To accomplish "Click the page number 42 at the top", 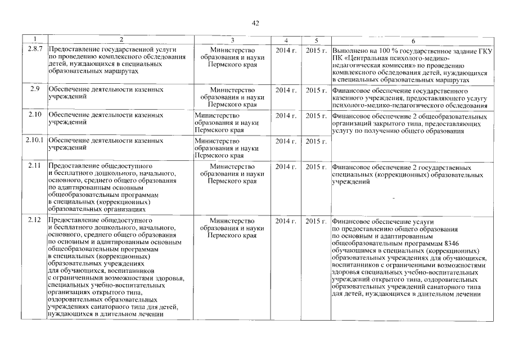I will [x=255, y=23].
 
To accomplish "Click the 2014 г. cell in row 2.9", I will [x=286, y=89].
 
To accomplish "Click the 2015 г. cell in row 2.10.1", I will [x=316, y=141].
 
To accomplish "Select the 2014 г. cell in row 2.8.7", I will [x=286, y=50].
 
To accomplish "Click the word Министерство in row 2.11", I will [x=232, y=166].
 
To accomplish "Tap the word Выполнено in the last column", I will [x=351, y=51].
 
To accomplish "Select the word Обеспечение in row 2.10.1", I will [x=69, y=141].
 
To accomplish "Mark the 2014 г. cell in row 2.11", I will [x=286, y=166].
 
